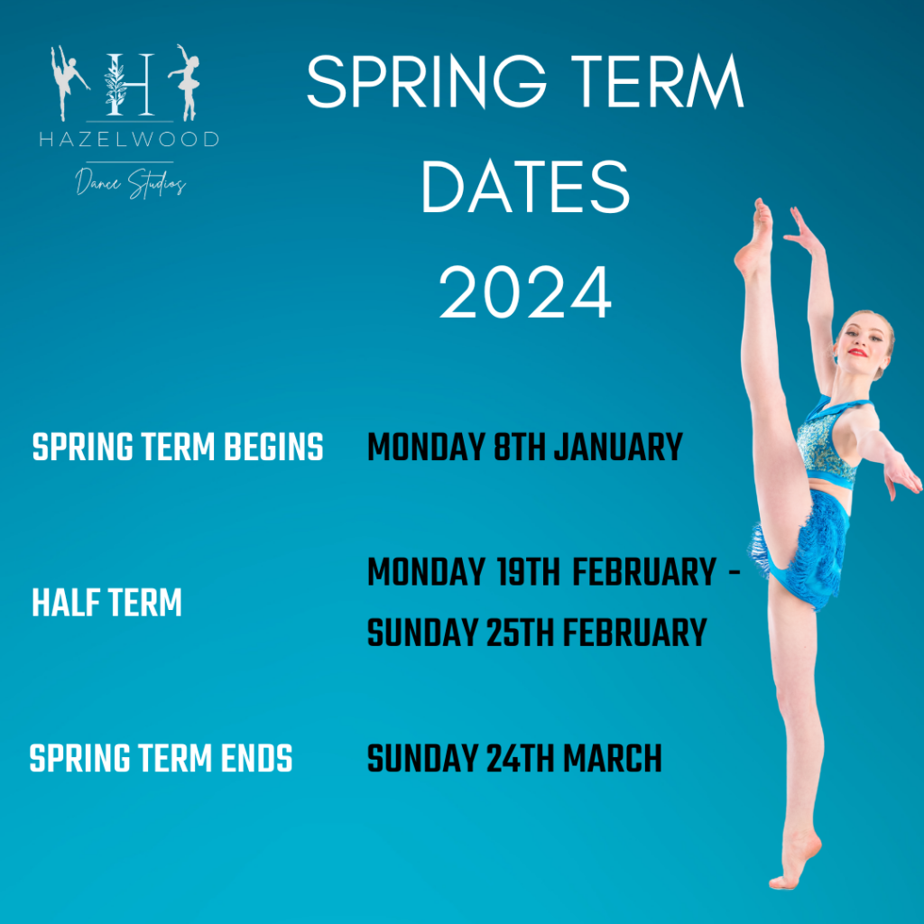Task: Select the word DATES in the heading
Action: pos(525,188)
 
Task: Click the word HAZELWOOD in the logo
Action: pos(128,140)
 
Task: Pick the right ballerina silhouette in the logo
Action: pos(188,81)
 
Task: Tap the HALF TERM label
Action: pos(106,604)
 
